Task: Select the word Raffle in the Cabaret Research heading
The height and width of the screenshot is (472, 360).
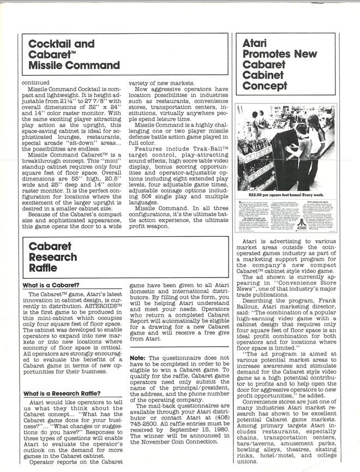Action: [43, 268]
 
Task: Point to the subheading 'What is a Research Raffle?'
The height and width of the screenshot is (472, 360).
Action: [62, 393]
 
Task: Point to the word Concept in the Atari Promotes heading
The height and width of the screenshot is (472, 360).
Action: [264, 86]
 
